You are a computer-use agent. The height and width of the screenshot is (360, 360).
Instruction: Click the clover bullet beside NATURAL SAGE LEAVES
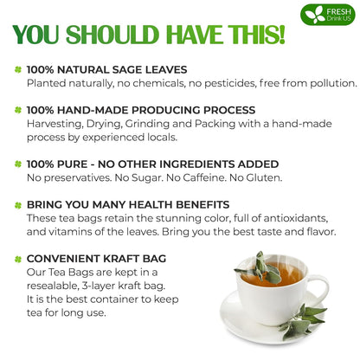16,68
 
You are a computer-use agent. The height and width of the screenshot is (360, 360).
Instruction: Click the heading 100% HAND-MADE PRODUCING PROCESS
141,110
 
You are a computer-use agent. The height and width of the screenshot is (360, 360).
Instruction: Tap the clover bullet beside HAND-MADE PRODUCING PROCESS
16,110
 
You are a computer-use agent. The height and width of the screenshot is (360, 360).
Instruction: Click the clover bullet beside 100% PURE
16,164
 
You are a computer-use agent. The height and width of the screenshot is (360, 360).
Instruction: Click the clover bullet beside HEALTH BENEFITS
16,205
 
